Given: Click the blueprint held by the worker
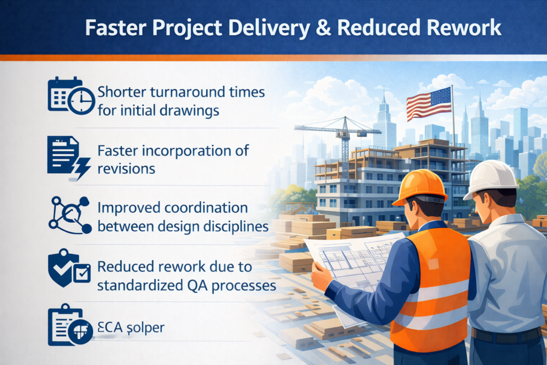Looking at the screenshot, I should click(356, 261).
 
